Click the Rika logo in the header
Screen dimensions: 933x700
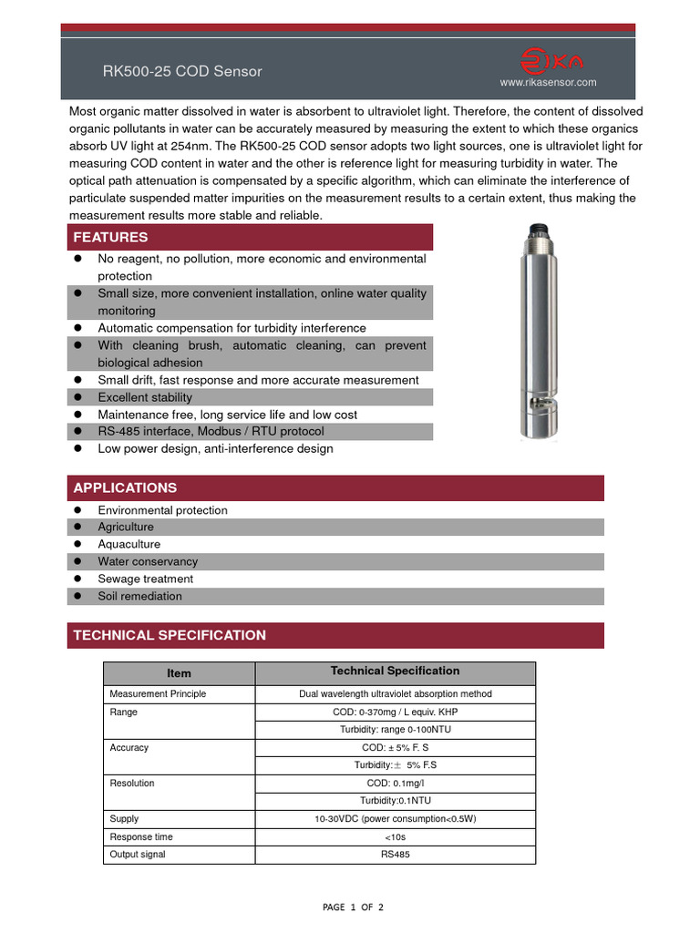(551, 61)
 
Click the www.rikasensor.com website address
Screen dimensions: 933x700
(548, 83)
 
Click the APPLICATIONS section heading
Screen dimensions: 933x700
(125, 487)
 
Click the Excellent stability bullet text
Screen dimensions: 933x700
(145, 397)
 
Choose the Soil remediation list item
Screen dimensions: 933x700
(139, 596)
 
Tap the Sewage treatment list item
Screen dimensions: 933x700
(145, 579)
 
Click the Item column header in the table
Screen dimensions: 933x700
(179, 673)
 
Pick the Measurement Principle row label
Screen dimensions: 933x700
(158, 693)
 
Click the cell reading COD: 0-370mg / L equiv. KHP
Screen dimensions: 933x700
(395, 712)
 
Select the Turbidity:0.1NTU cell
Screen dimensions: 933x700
(395, 800)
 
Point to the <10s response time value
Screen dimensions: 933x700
(395, 836)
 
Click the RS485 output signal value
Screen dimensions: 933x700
(395, 855)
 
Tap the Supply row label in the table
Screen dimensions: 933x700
(125, 818)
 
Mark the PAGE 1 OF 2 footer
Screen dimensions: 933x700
(353, 907)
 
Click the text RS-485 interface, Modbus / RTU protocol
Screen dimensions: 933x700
(211, 431)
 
